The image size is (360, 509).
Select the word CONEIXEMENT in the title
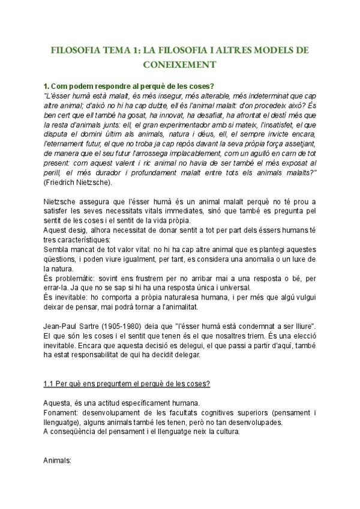point(179,64)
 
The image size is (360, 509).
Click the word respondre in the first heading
point(105,86)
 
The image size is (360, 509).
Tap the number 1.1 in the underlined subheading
point(50,384)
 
